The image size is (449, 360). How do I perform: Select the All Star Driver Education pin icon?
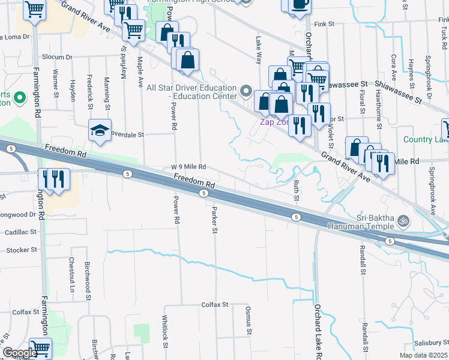pos(245,91)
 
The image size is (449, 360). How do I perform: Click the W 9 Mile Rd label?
pos(188,167)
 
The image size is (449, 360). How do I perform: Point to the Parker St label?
pos(214,221)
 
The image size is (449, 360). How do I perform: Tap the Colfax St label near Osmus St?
pos(215,305)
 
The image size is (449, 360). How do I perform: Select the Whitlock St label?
pos(165,330)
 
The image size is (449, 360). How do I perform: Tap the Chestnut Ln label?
pos(71,271)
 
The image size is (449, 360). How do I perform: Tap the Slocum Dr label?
pos(57,58)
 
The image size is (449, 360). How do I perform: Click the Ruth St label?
pos(297,190)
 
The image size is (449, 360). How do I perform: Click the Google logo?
pos(20,353)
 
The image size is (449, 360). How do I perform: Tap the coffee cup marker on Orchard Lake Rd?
pos(299,5)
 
